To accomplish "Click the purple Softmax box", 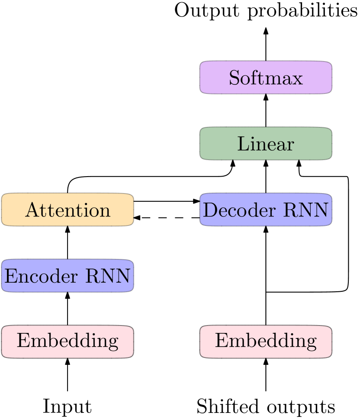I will point(266,77).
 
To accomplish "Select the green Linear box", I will point(266,144).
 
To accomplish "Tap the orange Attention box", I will point(67,210).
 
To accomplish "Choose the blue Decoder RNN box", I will point(266,210).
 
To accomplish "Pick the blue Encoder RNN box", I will point(67,276).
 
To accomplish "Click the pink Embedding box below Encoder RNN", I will point(67,342).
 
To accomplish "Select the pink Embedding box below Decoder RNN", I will point(266,342).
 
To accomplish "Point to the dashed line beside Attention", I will point(166,218).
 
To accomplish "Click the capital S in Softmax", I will point(234,78).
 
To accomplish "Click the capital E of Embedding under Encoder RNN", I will point(22,341).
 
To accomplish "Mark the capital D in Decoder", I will point(209,211).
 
